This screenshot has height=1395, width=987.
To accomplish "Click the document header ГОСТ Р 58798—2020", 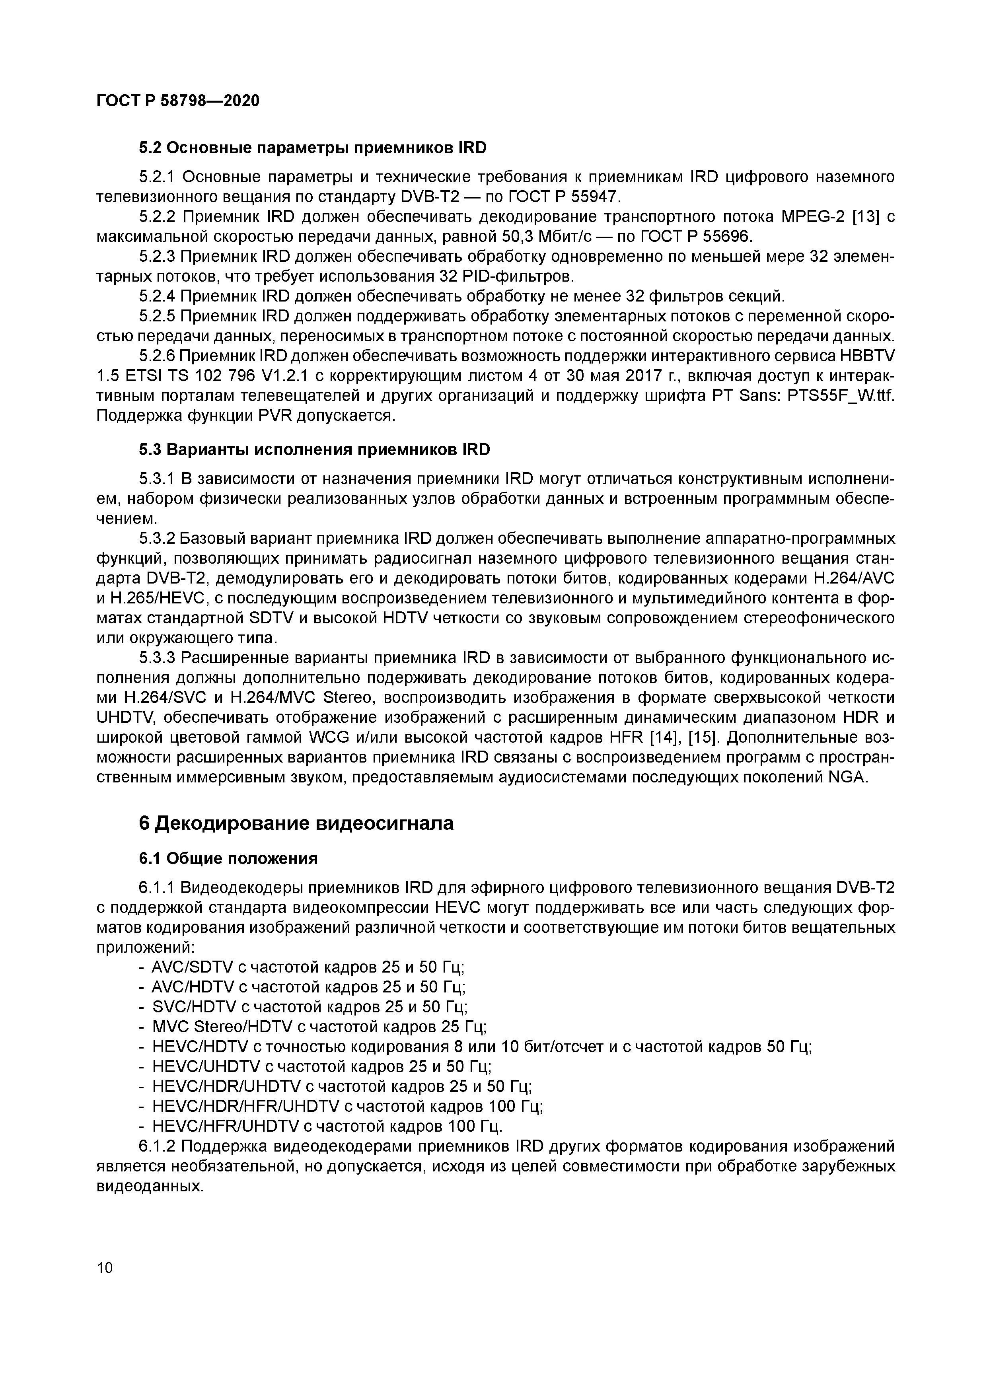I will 177,101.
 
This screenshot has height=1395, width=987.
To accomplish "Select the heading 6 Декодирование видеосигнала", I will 296,823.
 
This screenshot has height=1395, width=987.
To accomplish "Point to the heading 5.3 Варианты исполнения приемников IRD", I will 314,449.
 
